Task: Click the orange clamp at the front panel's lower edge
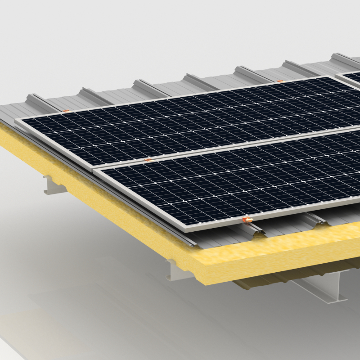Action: (247, 220)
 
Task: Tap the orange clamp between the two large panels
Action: (148, 160)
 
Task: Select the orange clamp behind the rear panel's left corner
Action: (67, 110)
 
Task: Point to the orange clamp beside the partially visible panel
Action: (280, 81)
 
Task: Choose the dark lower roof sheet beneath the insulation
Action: (252, 283)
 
